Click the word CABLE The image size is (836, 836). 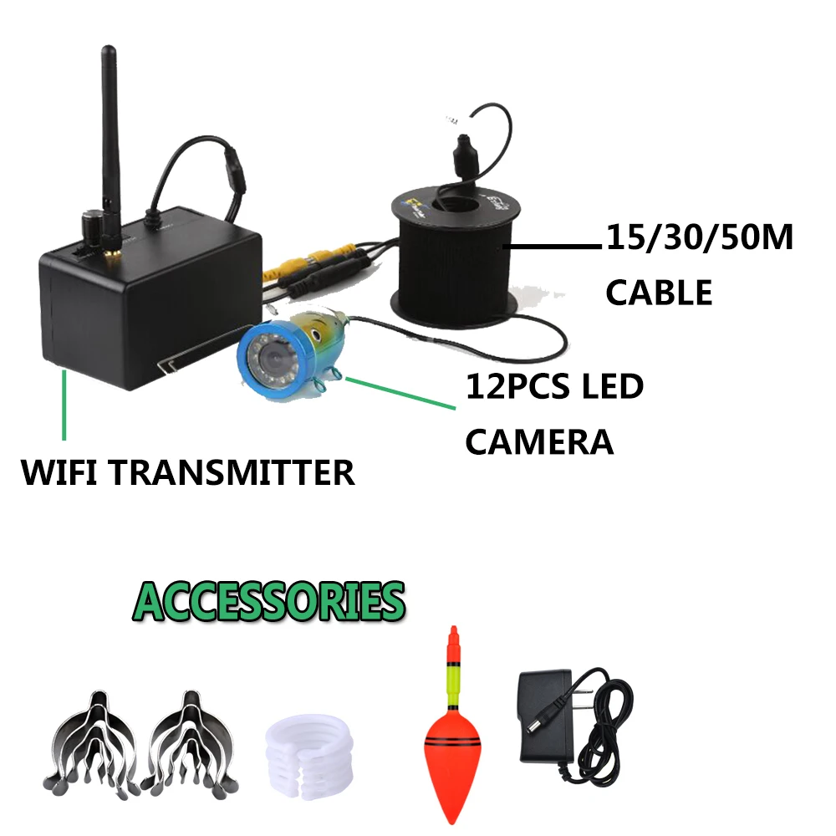coord(659,293)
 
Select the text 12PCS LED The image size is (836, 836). coord(554,389)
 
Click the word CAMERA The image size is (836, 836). coord(539,441)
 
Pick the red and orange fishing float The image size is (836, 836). coord(452,736)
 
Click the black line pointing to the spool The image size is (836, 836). coord(552,247)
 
